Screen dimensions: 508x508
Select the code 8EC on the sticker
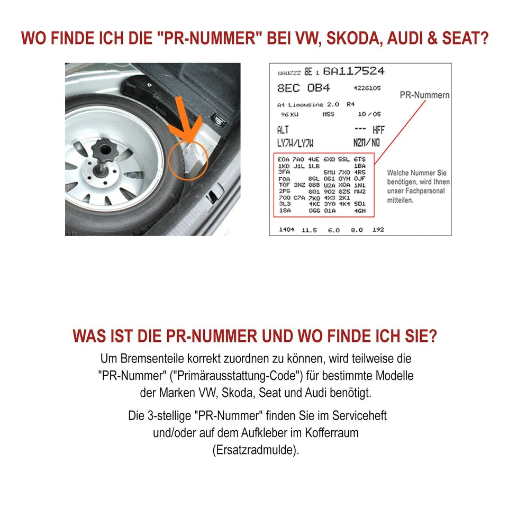click(x=288, y=88)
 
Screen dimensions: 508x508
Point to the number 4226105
click(x=367, y=88)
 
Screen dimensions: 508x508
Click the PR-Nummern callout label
click(x=425, y=95)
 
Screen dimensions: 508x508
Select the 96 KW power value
click(x=288, y=114)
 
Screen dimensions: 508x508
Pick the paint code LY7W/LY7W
click(x=295, y=143)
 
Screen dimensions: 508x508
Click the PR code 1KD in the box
click(x=284, y=165)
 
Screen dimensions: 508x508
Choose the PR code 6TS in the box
click(x=360, y=159)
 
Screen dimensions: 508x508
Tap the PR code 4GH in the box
click(x=360, y=211)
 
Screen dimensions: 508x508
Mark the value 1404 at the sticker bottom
click(x=286, y=230)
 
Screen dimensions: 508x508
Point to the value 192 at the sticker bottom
click(x=378, y=230)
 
